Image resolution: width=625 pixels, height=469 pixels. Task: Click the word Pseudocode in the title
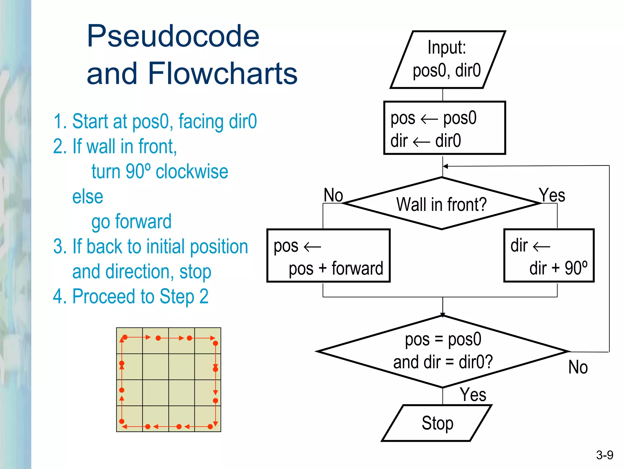point(173,37)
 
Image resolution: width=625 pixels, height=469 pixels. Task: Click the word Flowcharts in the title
point(222,74)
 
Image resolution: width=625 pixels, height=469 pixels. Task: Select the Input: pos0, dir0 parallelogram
point(447,60)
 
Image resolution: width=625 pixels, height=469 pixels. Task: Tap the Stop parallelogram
point(437,423)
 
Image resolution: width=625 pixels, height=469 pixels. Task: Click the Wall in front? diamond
point(441,204)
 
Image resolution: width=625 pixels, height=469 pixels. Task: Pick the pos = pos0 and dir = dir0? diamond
point(443,351)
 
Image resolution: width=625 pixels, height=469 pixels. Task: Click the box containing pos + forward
point(328,256)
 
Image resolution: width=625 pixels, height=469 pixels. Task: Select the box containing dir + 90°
point(549,256)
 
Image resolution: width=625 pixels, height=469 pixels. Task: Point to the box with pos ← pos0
point(444,128)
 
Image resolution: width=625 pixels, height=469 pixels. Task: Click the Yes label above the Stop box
point(473,394)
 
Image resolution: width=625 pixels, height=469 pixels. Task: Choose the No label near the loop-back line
point(578,367)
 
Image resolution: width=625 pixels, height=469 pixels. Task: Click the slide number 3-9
point(605,455)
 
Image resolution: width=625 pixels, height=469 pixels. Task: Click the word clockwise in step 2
point(192,172)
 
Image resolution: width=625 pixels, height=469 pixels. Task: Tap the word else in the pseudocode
point(88,197)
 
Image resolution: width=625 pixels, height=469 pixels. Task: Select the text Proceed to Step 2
point(140,296)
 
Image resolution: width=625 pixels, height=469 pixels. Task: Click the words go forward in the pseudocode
point(132,222)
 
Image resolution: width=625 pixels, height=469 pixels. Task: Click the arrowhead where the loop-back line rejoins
point(445,166)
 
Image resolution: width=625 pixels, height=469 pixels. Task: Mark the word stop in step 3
point(195,272)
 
